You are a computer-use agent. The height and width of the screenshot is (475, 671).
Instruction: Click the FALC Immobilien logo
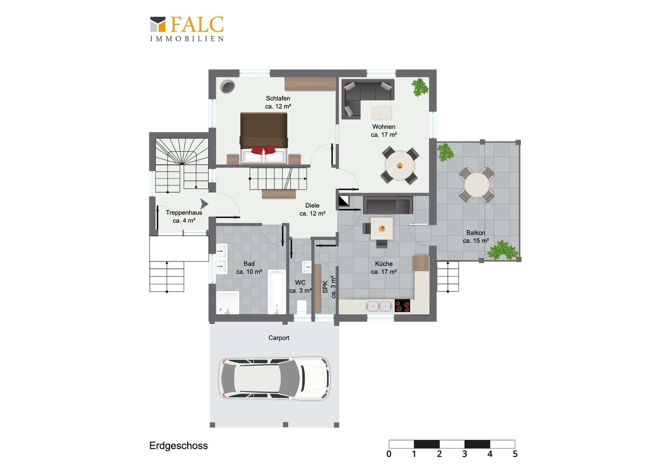187,29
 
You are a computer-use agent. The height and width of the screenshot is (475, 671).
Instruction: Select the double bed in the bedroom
264,138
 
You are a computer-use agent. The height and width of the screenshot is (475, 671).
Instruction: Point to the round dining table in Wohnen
400,166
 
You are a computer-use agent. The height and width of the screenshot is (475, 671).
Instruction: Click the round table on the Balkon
477,185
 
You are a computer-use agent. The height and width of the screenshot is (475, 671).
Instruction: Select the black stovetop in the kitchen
402,306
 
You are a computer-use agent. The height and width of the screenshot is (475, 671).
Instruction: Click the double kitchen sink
379,306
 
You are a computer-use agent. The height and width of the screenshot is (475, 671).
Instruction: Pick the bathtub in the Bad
277,292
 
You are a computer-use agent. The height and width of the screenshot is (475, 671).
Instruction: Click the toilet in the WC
301,307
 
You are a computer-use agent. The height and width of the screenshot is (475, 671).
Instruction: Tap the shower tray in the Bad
228,302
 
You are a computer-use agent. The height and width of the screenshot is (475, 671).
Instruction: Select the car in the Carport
274,378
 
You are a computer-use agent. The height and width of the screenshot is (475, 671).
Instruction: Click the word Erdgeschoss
178,446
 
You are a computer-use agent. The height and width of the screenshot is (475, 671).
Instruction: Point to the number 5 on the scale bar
515,454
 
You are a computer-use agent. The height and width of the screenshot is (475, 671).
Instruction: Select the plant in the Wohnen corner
419,87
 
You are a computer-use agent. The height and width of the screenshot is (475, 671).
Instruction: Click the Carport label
279,338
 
